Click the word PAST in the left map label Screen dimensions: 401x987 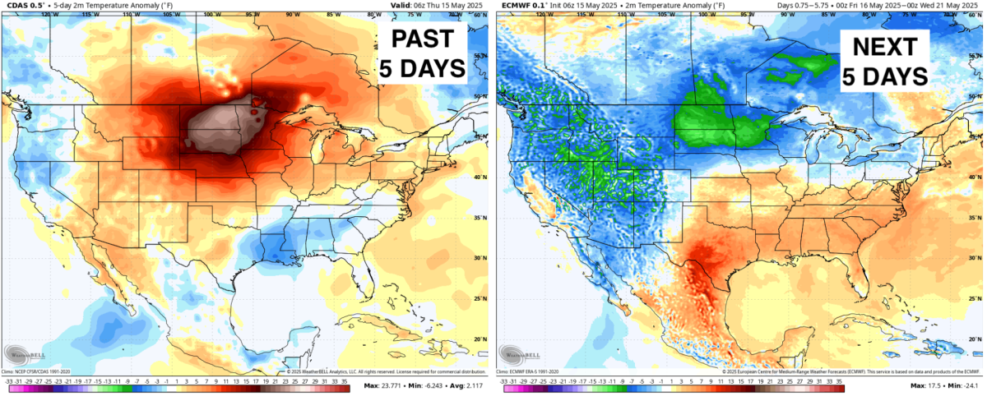[422, 39]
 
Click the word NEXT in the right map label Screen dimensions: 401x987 [884, 45]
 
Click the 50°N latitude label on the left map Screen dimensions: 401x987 [483, 96]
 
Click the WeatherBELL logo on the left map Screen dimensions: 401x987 [22, 354]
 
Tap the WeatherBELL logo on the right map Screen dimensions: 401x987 [517, 354]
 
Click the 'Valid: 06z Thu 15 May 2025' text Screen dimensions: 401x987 [436, 6]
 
